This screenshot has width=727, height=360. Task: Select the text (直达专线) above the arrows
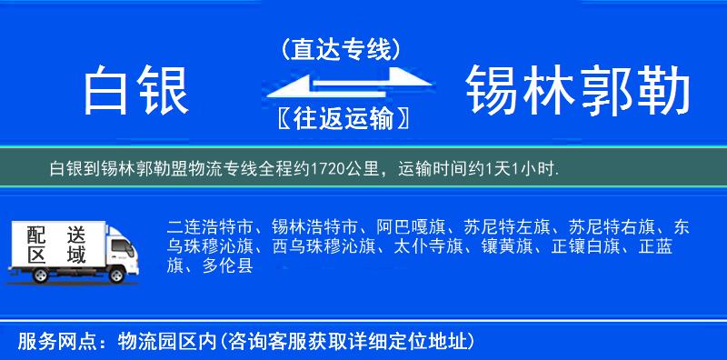pyautogui.click(x=341, y=50)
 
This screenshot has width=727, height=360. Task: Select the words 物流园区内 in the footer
pyautogui.click(x=169, y=342)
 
